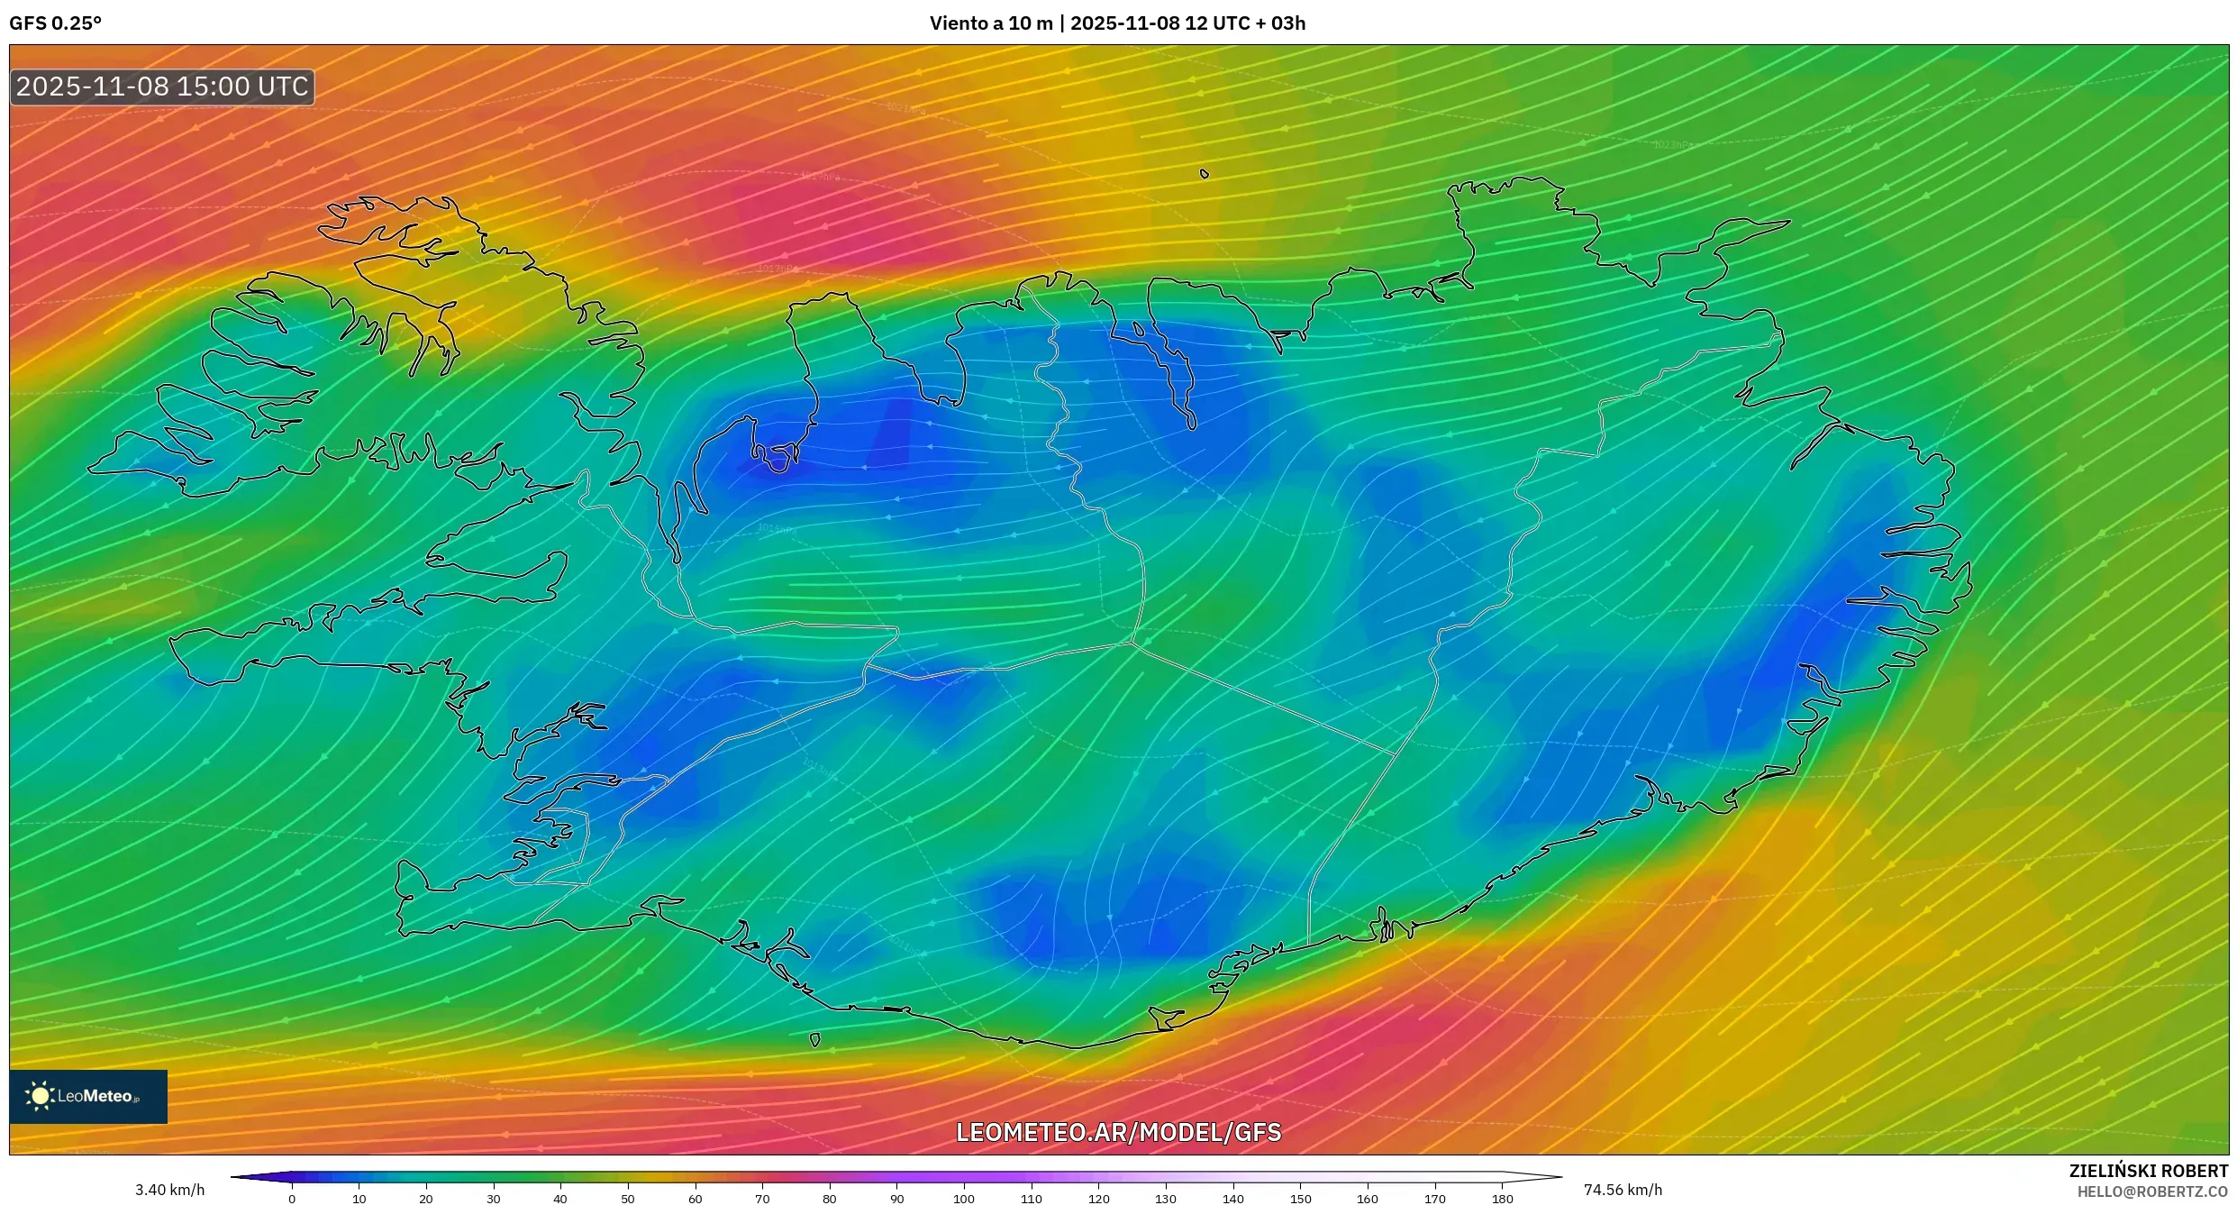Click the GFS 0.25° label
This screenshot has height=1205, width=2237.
[x=55, y=23]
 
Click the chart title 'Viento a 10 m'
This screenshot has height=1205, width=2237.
[x=990, y=23]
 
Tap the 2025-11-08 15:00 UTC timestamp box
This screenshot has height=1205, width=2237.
[x=162, y=87]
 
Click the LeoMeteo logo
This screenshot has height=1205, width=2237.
[x=88, y=1096]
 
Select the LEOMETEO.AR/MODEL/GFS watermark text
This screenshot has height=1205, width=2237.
[x=1118, y=1132]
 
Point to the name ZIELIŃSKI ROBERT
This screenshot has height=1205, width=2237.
[x=2148, y=1171]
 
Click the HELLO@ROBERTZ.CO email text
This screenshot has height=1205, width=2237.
[x=2152, y=1191]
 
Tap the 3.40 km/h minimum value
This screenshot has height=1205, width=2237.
[x=169, y=1190]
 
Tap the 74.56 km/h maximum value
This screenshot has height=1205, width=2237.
[x=1623, y=1190]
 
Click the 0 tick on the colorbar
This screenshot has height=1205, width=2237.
[x=292, y=1199]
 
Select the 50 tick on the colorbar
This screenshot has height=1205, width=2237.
[x=628, y=1199]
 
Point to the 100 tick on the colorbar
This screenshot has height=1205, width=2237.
[x=964, y=1199]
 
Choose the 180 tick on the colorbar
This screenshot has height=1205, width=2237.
[x=1502, y=1199]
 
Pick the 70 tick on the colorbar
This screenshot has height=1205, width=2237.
[x=762, y=1199]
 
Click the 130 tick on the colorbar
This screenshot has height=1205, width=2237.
[x=1166, y=1199]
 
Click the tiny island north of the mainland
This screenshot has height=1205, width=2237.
[x=1205, y=174]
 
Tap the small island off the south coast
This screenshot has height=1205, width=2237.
[x=814, y=1040]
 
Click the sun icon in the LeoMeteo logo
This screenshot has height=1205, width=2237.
[x=41, y=1096]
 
